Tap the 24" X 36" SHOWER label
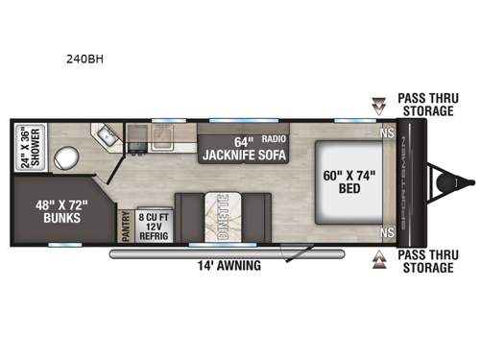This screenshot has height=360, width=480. pyautogui.click(x=30, y=148)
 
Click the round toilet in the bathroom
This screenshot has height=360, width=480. pyautogui.click(x=66, y=156)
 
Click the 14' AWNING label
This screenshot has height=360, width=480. pyautogui.click(x=226, y=266)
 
